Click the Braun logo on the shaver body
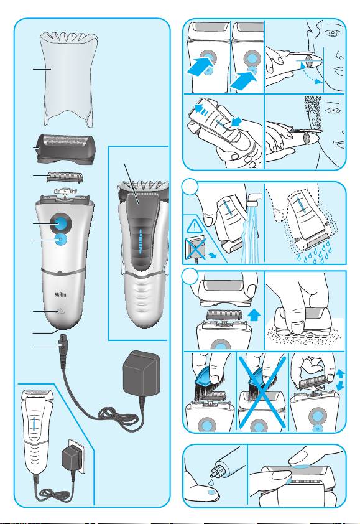[x=60, y=295]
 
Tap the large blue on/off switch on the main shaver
[x=60, y=223]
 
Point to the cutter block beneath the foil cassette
[x=65, y=177]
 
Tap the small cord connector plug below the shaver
[x=62, y=345]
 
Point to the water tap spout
[x=255, y=200]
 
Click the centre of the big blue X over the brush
[x=262, y=392]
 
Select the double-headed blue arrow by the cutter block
[x=340, y=380]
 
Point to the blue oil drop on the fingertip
[x=210, y=492]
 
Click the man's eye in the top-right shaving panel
[x=332, y=33]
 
